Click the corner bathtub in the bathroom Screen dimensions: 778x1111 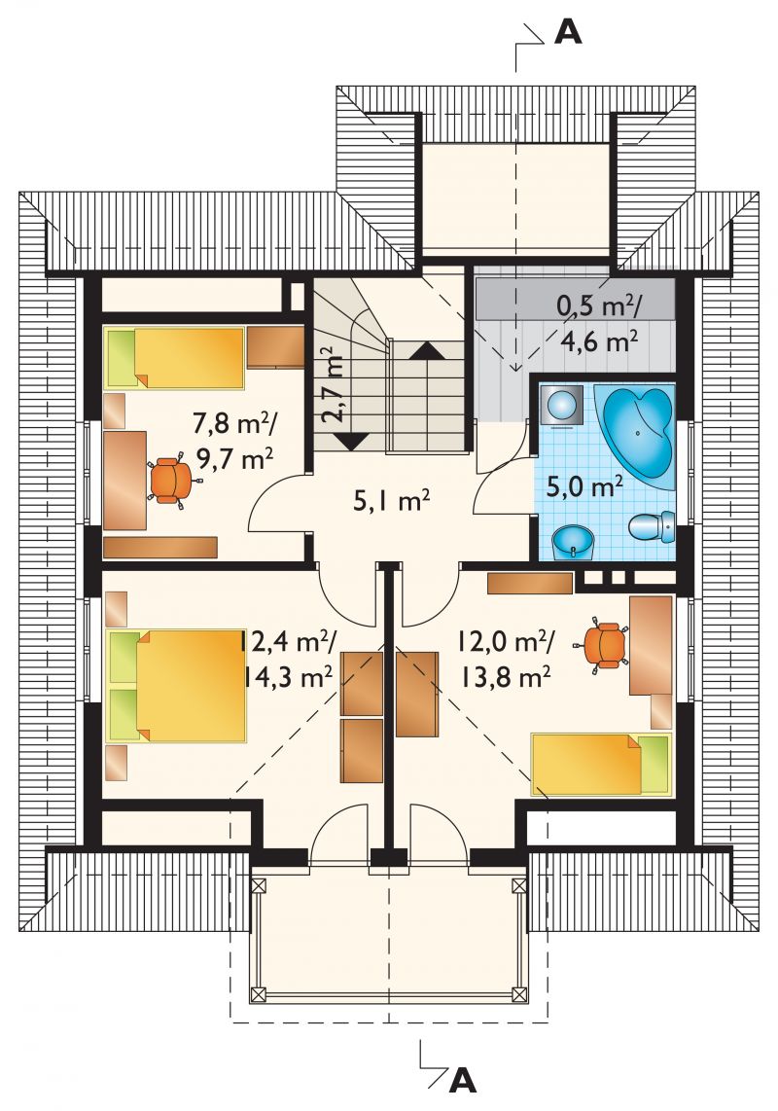point(636,432)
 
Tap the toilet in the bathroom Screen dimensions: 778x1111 point(652,528)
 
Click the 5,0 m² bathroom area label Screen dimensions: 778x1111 point(585,486)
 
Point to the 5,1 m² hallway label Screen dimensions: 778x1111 point(391,502)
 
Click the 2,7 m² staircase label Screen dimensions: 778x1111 point(332,383)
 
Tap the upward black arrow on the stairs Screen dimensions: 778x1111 point(427,349)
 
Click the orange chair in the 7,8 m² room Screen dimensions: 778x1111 point(171,482)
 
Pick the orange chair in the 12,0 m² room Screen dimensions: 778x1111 point(604,644)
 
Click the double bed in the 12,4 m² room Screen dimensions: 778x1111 point(176,686)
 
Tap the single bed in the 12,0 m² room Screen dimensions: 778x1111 point(601,764)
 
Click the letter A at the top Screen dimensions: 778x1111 point(568,31)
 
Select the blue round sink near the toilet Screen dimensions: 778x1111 point(573,542)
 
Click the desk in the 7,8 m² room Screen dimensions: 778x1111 point(124,481)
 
